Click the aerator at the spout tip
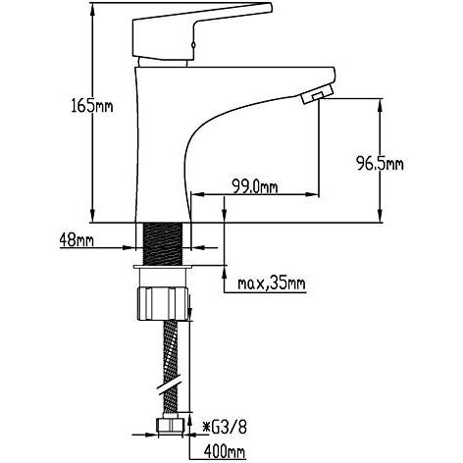click(x=317, y=94)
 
